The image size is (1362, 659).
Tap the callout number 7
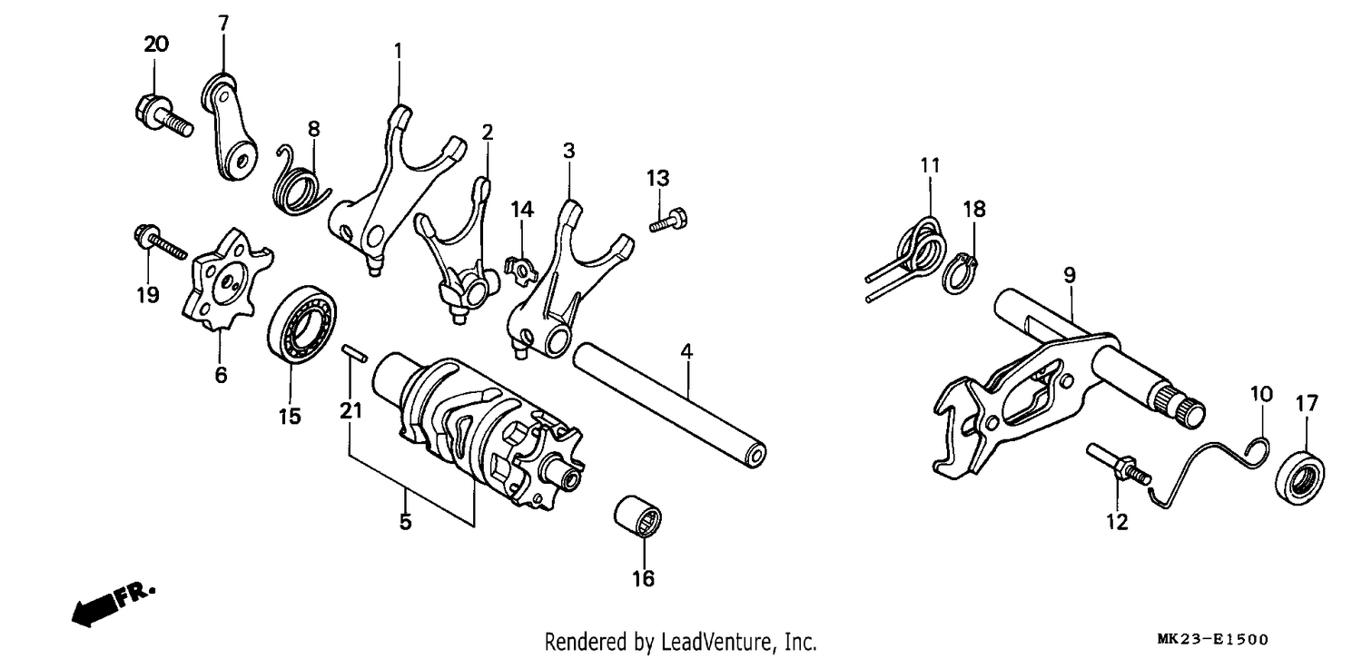click(223, 24)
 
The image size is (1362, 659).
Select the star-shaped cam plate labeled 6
click(227, 280)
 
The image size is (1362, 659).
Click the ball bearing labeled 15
click(302, 324)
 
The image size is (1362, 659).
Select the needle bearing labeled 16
click(637, 516)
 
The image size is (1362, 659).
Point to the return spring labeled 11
click(906, 258)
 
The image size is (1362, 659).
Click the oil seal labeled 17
click(1300, 476)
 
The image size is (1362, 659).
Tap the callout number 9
click(1070, 275)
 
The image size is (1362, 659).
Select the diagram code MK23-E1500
click(1213, 640)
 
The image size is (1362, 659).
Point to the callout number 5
click(406, 522)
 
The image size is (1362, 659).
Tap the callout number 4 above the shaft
click(686, 351)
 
